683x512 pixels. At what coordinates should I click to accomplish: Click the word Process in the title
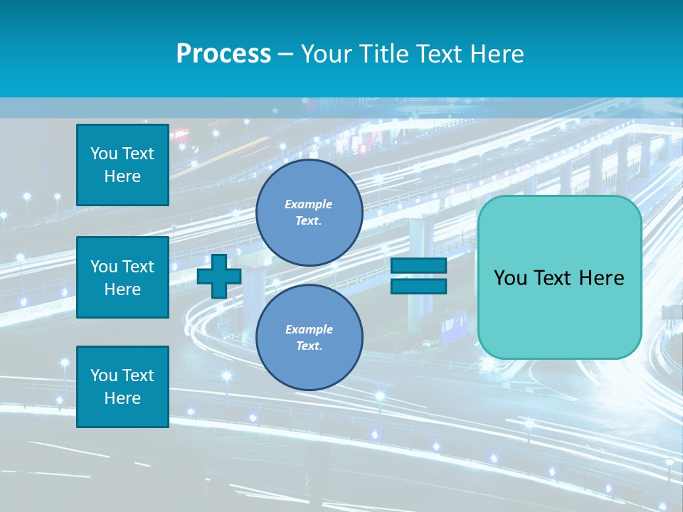pyautogui.click(x=223, y=54)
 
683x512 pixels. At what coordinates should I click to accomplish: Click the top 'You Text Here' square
pyautogui.click(x=122, y=165)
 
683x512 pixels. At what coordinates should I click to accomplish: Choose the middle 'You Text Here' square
pyautogui.click(x=122, y=277)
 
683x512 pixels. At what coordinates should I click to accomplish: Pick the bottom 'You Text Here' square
pyautogui.click(x=122, y=387)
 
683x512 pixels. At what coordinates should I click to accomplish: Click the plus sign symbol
pyautogui.click(x=219, y=276)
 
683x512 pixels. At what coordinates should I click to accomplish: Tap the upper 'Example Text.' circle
pyautogui.click(x=309, y=213)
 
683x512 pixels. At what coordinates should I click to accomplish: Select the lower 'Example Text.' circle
pyautogui.click(x=309, y=337)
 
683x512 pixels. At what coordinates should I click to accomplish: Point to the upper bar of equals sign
pyautogui.click(x=418, y=266)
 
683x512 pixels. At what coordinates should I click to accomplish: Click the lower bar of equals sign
pyautogui.click(x=418, y=286)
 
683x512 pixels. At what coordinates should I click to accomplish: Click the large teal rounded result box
pyautogui.click(x=559, y=277)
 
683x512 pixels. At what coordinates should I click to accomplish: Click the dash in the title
pyautogui.click(x=286, y=54)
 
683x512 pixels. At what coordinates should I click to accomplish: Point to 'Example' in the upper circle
pyautogui.click(x=309, y=204)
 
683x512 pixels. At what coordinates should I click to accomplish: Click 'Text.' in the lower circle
pyautogui.click(x=309, y=346)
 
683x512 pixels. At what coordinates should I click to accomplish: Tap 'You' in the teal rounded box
pyautogui.click(x=509, y=278)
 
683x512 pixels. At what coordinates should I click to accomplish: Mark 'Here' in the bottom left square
pyautogui.click(x=122, y=398)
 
